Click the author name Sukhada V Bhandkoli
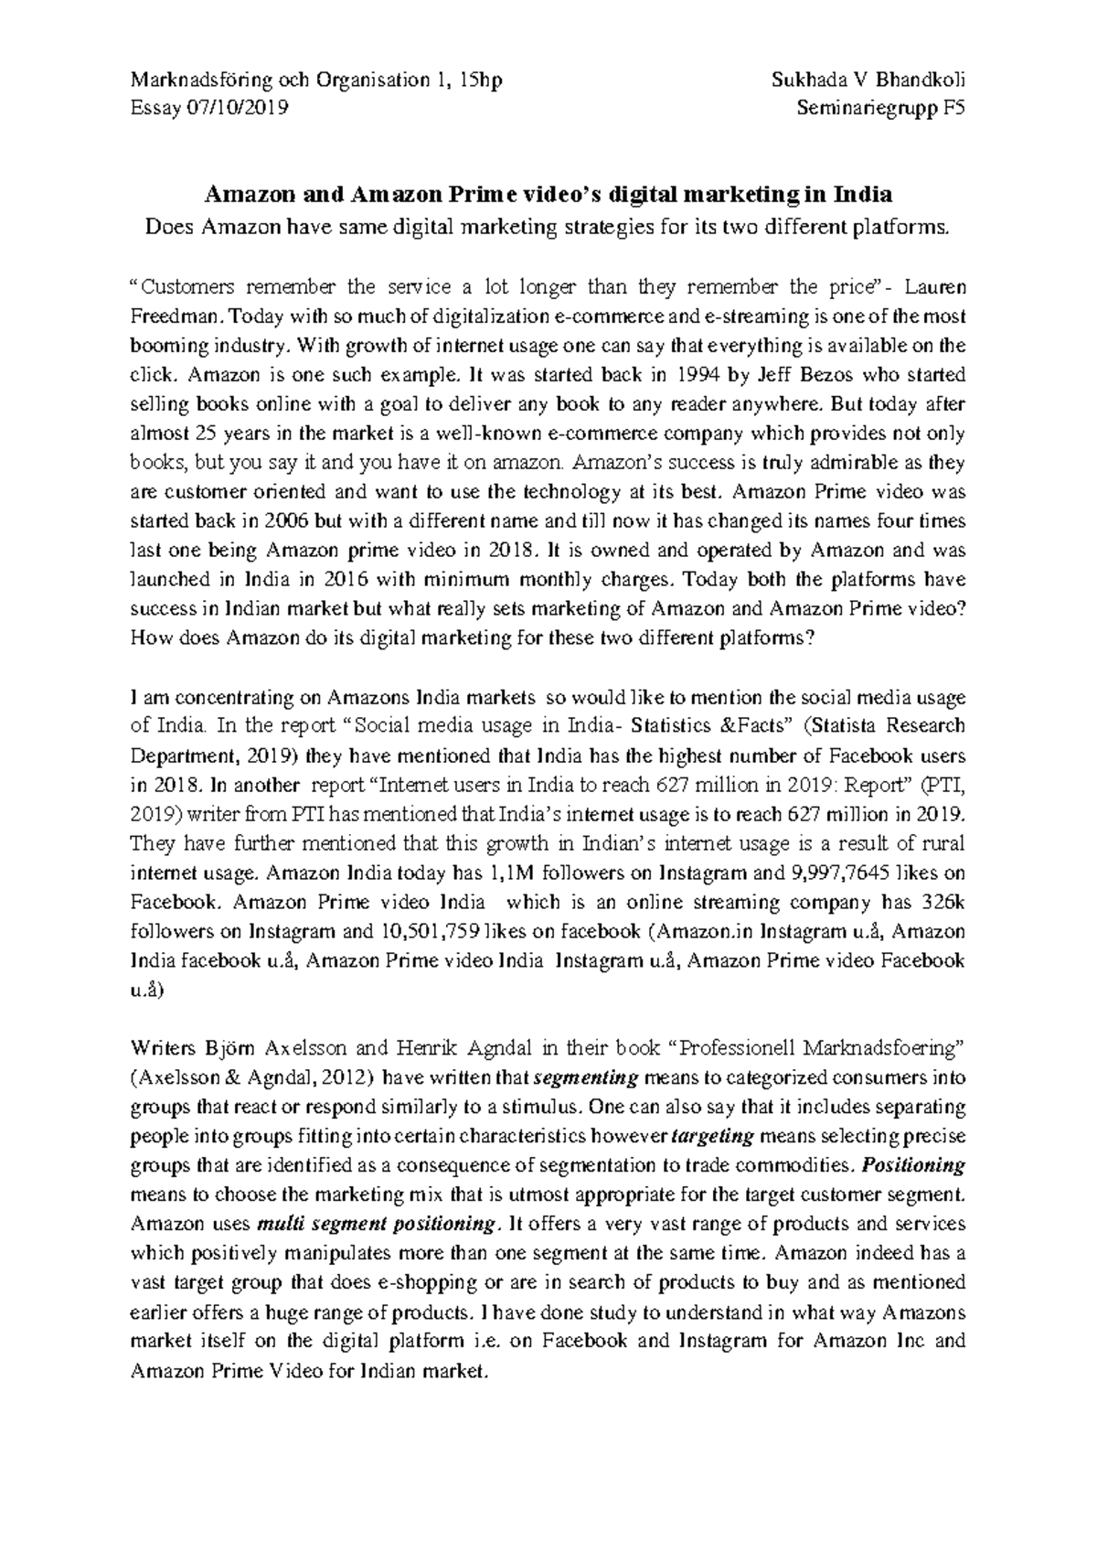[868, 80]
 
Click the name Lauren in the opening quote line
[934, 287]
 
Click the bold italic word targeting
[712, 1136]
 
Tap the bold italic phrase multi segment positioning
[379, 1224]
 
